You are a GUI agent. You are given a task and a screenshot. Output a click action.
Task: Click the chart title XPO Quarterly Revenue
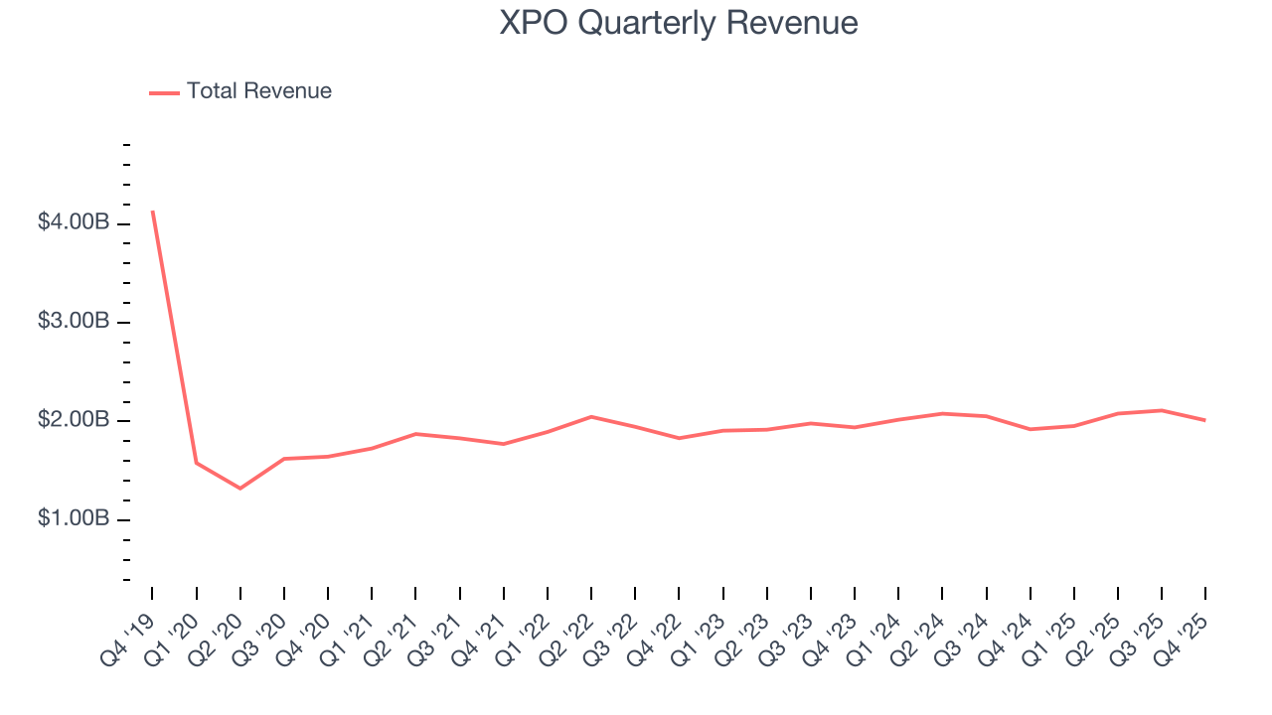point(679,23)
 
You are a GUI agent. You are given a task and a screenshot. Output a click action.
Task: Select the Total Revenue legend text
point(258,91)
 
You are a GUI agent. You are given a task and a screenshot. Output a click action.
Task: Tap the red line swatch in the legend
point(164,92)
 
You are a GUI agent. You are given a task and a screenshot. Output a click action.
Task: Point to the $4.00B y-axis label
point(74,222)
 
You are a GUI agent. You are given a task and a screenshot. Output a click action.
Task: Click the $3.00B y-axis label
point(74,322)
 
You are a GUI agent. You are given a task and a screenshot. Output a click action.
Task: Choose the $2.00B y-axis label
point(74,420)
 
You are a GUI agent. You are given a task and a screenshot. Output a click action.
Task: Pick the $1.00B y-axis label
point(74,519)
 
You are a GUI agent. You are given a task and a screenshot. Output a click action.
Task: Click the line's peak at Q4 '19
point(152,212)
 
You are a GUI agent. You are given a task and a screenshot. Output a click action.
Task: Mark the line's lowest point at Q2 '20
point(239,488)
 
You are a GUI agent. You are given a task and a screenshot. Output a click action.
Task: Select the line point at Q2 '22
point(591,416)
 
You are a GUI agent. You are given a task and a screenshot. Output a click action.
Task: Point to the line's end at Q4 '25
point(1205,420)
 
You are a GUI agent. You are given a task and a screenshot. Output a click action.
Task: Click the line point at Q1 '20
point(196,463)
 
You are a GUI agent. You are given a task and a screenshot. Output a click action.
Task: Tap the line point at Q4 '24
point(1031,429)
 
